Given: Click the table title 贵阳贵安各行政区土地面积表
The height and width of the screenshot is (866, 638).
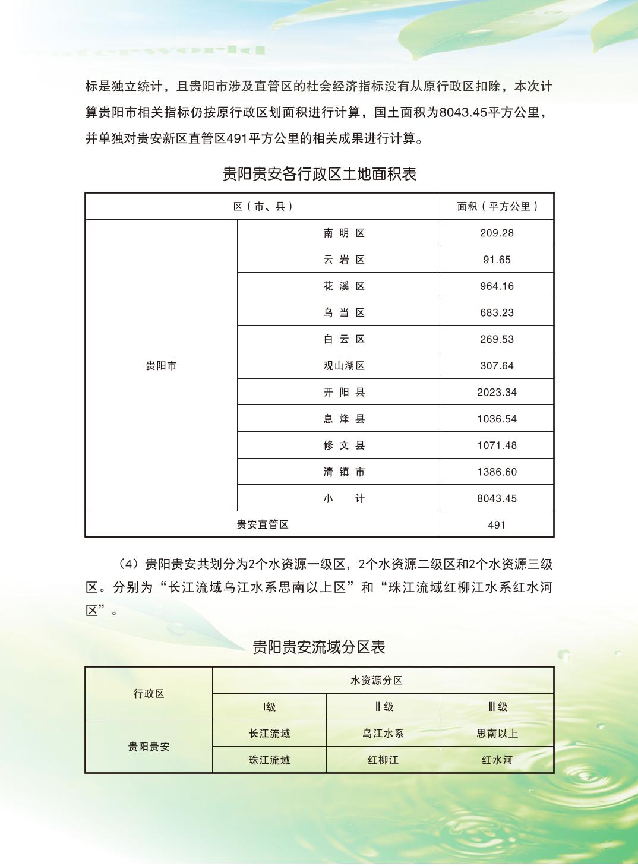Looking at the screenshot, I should point(319,174).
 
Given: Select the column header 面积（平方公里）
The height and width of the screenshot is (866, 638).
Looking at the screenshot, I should point(497,207).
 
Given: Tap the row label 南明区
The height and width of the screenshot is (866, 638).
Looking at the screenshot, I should point(344,233).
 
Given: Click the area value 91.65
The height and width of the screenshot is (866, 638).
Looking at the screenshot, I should point(497,260).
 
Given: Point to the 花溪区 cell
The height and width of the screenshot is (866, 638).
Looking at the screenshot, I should point(344,286).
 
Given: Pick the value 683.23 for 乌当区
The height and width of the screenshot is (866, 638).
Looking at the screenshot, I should point(497,313).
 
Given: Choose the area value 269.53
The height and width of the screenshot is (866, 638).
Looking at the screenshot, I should point(497,340).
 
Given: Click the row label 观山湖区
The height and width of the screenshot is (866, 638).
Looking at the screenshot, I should point(344,366).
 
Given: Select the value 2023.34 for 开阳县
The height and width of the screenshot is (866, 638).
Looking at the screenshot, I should point(497,393).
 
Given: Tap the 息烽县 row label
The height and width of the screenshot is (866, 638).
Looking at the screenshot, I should point(344,419).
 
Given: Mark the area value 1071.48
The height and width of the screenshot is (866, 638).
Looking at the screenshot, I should point(497,445).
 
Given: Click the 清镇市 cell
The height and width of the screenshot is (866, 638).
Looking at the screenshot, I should point(344,472).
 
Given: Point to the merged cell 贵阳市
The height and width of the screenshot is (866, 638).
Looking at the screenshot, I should point(161,366).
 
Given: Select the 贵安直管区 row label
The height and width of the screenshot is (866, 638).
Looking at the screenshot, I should point(263,525).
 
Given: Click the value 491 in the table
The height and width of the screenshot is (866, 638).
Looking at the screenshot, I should point(497,525).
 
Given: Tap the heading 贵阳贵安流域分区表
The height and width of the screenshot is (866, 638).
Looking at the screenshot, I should point(319,647).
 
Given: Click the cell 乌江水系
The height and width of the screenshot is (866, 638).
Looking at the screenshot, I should point(383,734).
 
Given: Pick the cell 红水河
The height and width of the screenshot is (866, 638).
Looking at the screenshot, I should point(497,760).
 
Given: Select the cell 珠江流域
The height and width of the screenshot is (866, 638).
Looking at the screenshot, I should point(269,760).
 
